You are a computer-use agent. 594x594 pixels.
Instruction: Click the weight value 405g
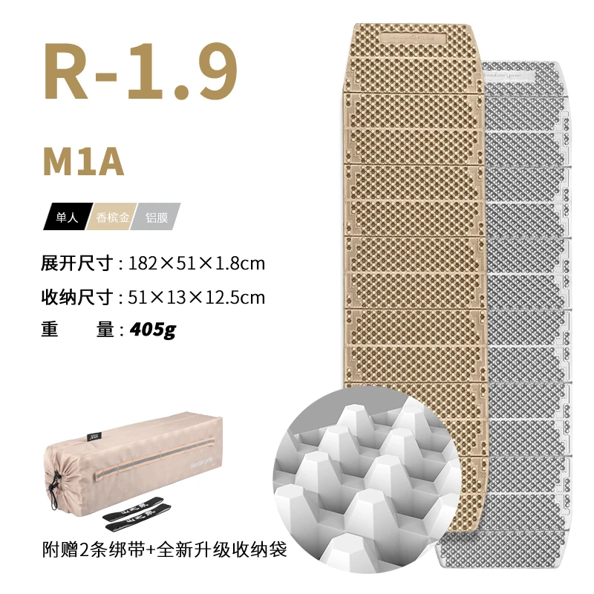click(153, 329)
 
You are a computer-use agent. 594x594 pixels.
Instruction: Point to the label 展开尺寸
click(77, 264)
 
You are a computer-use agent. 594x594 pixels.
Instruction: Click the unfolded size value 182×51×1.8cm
click(197, 264)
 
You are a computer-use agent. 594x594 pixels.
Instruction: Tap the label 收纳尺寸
click(77, 297)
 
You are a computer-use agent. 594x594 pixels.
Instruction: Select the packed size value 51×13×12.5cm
click(197, 297)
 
